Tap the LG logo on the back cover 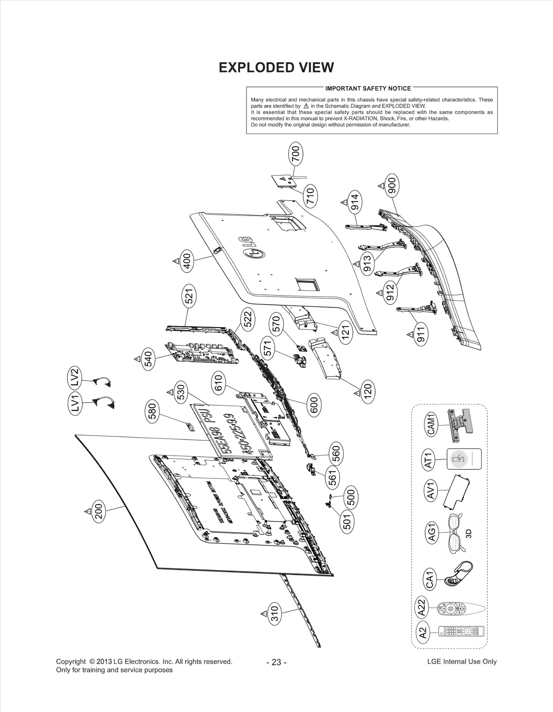(x=252, y=248)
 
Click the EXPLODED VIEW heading (x=276, y=67)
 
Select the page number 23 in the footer (x=276, y=662)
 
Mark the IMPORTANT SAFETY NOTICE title (x=368, y=88)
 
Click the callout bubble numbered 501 (x=347, y=521)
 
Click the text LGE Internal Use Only (x=462, y=662)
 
